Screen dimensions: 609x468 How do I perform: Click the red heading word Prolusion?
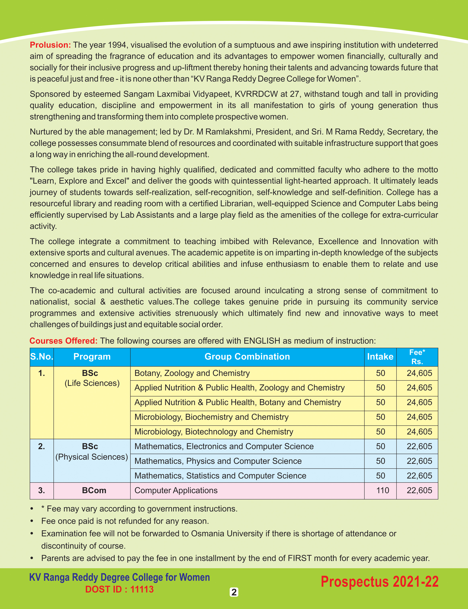tap(50, 45)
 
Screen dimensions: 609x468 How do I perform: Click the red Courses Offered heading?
tap(63, 341)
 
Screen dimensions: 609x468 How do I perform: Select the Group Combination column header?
tap(247, 357)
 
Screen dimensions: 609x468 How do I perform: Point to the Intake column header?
tap(380, 357)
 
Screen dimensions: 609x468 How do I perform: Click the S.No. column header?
tap(42, 357)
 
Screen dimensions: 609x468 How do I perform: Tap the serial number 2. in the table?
tap(42, 446)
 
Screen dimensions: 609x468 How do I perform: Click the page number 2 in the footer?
tap(234, 592)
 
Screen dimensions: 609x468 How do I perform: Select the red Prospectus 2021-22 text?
tap(379, 582)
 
